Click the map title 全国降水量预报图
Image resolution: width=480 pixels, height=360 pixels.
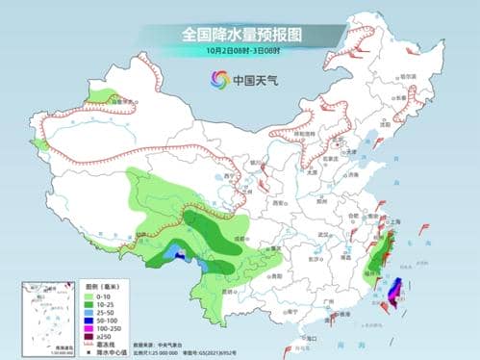240,34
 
